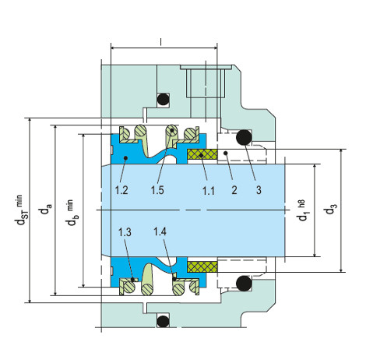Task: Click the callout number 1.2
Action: pyautogui.click(x=121, y=190)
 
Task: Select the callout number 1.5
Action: pyautogui.click(x=157, y=190)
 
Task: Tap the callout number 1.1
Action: pyautogui.click(x=209, y=191)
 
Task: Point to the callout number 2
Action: pyautogui.click(x=234, y=190)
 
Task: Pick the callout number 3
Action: pyautogui.click(x=259, y=190)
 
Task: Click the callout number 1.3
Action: pyautogui.click(x=125, y=232)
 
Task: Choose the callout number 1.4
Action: pyautogui.click(x=160, y=231)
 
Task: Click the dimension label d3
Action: pyautogui.click(x=331, y=209)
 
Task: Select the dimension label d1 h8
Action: pyautogui.click(x=303, y=210)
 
